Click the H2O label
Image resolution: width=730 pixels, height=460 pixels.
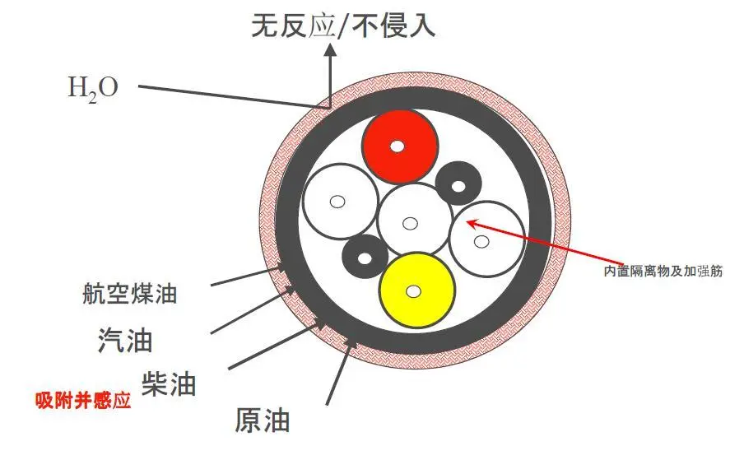tap(92, 87)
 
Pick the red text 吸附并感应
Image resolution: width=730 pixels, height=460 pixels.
tap(82, 402)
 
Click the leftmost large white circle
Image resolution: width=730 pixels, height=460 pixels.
tap(338, 202)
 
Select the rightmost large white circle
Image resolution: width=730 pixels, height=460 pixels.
tap(486, 238)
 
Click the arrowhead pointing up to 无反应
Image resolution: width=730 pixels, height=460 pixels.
tap(331, 51)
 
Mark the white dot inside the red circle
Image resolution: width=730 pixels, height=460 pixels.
tap(398, 146)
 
